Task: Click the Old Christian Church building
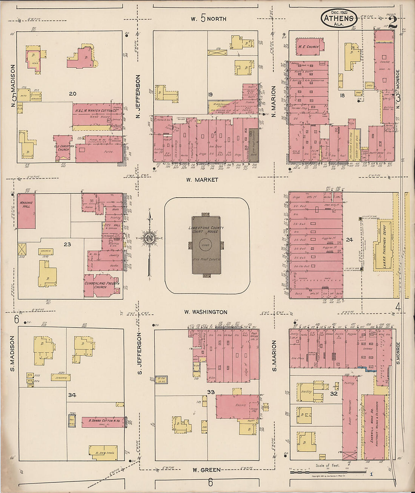pyautogui.click(x=62, y=145)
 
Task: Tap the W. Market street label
pyautogui.click(x=202, y=180)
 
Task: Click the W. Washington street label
pyautogui.click(x=206, y=312)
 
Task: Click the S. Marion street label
pyautogui.click(x=274, y=355)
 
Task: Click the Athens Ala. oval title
pyautogui.click(x=338, y=19)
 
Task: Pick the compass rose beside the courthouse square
pyautogui.click(x=149, y=238)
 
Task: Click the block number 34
pyautogui.click(x=72, y=395)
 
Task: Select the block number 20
pyautogui.click(x=73, y=93)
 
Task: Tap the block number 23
pyautogui.click(x=67, y=244)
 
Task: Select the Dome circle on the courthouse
pyautogui.click(x=206, y=244)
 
